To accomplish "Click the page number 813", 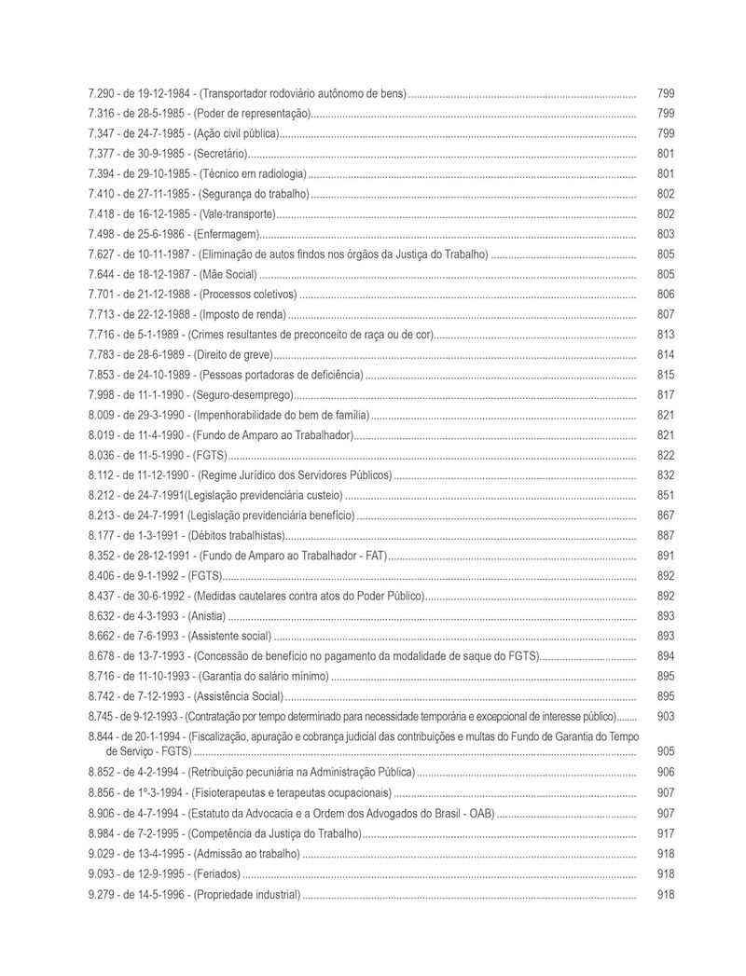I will (x=666, y=335).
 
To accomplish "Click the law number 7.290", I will (x=101, y=94).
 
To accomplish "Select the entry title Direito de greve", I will (x=231, y=355).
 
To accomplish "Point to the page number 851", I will (x=666, y=495).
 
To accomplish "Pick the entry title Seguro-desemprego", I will (x=242, y=395).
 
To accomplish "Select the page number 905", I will (x=666, y=750).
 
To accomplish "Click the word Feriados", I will (x=215, y=874).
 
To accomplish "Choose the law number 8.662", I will (x=101, y=636).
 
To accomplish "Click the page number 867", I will (x=666, y=515).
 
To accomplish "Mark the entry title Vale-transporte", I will (x=230, y=214).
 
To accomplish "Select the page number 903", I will (x=666, y=716).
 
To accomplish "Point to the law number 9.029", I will (x=101, y=854).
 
